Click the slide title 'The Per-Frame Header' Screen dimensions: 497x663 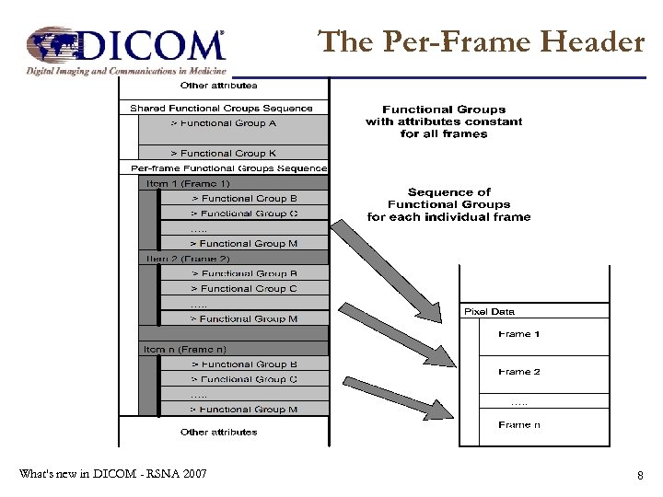coord(481,41)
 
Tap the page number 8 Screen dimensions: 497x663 coord(639,475)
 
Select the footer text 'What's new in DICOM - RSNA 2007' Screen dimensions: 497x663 coord(112,474)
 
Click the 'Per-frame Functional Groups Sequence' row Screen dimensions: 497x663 coord(228,168)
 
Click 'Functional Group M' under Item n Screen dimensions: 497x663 coord(243,409)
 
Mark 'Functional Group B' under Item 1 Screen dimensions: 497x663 coord(243,198)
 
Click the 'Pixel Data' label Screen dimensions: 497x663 coord(489,312)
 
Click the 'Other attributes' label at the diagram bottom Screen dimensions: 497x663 coord(219,432)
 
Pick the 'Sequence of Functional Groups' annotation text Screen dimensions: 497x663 coord(448,204)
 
